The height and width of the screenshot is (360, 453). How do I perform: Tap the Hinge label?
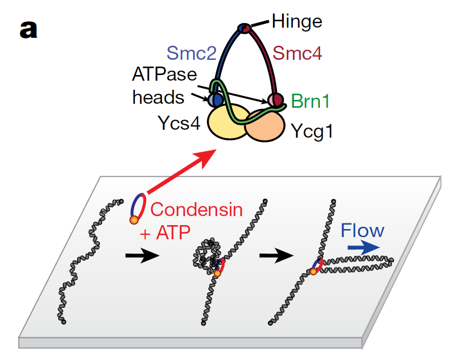point(297,21)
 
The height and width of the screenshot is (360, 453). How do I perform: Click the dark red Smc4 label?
point(298,54)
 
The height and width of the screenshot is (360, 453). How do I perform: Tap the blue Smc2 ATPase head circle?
point(215,100)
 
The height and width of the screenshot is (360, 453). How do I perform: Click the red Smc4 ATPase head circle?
point(275,100)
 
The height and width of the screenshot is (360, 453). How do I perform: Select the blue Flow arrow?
point(362,247)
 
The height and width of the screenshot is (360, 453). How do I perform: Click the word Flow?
point(362,230)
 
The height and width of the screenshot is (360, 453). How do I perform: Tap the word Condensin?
point(196,210)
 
